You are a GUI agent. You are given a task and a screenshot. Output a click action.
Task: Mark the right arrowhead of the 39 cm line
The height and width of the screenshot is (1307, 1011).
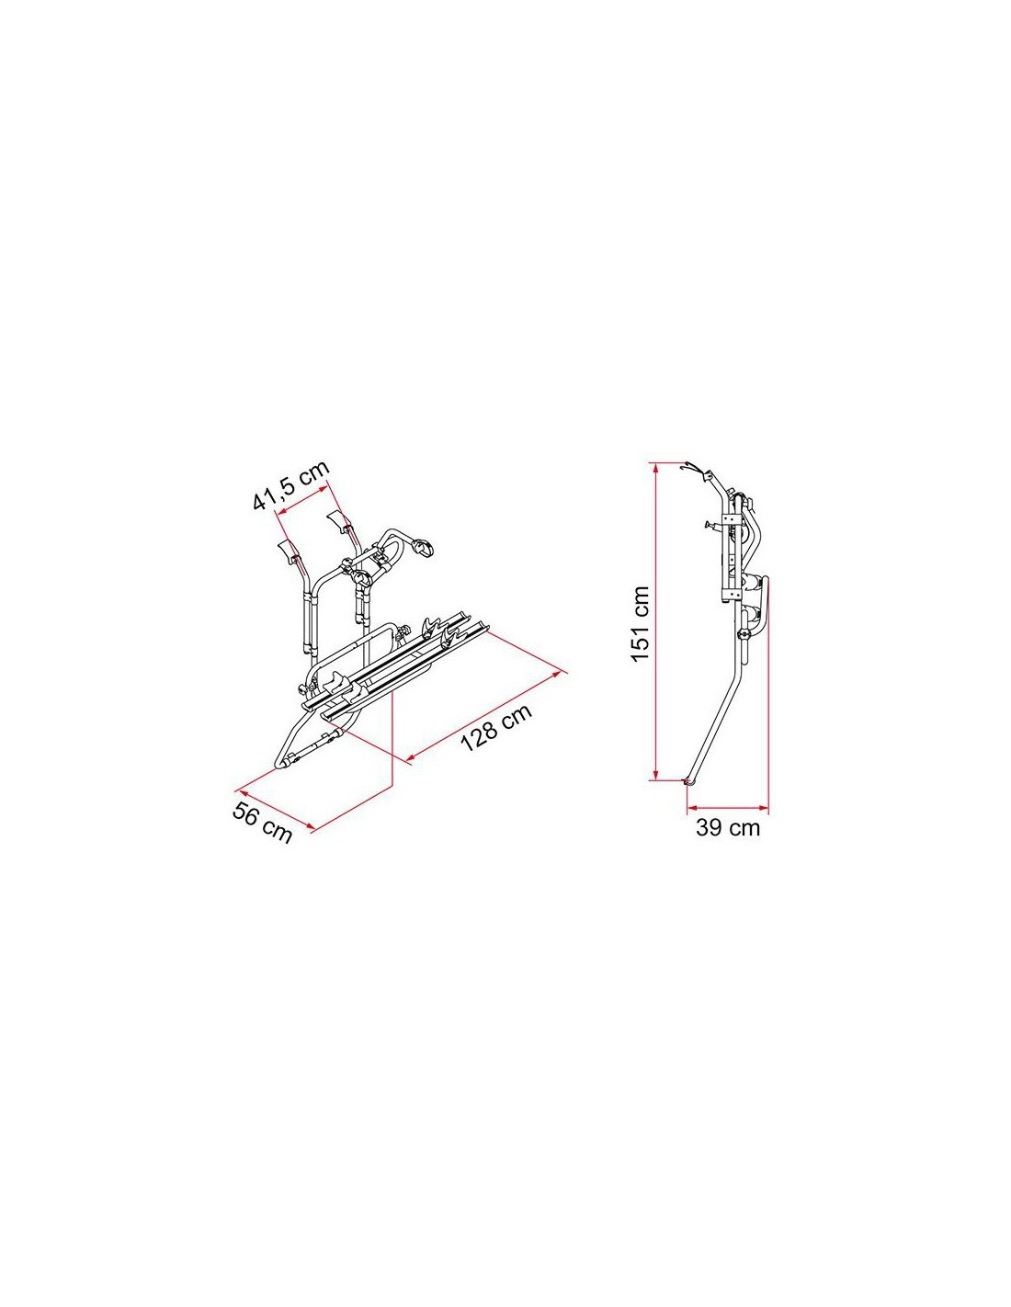[x=764, y=807]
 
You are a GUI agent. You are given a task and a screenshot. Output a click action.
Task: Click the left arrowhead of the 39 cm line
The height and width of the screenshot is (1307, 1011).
[x=692, y=807]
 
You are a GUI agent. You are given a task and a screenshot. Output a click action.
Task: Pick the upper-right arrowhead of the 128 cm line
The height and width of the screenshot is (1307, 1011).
[x=562, y=674]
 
